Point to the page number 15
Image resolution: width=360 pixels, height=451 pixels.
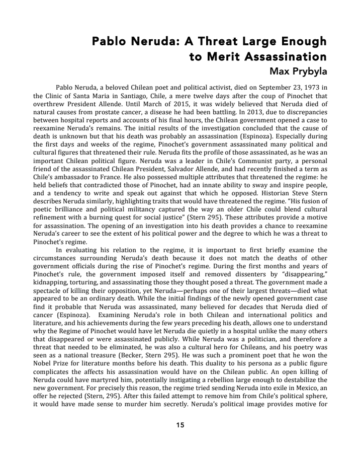(180, 425)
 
